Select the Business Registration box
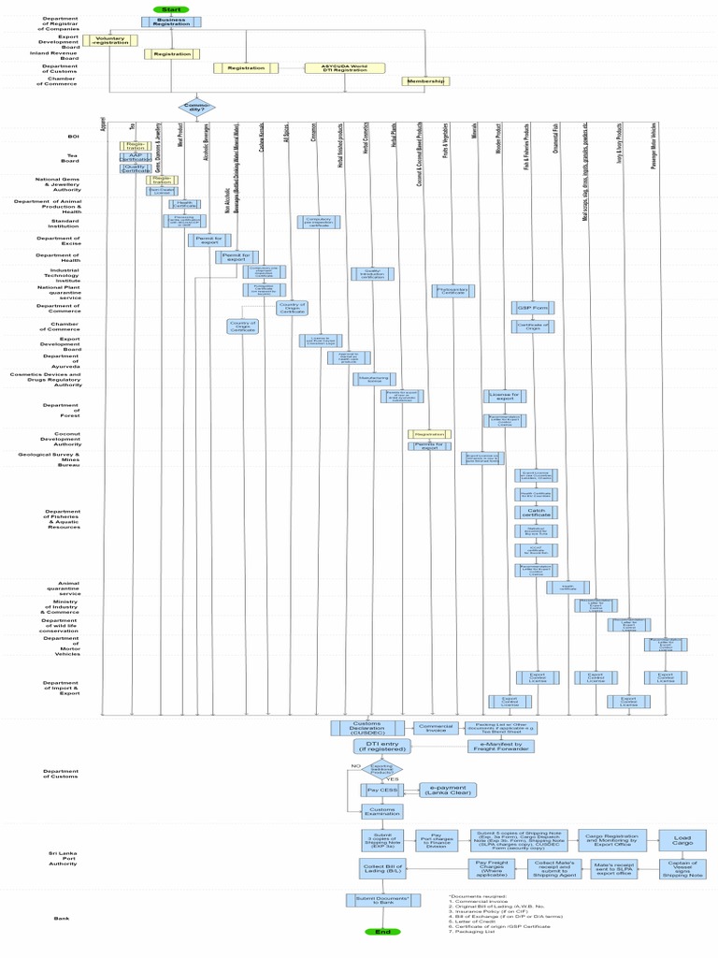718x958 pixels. tap(171, 22)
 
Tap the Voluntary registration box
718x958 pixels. tap(110, 40)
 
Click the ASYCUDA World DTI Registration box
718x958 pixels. tap(341, 67)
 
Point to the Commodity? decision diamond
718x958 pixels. tap(197, 107)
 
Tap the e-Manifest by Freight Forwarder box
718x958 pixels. tap(502, 746)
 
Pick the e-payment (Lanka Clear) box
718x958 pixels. tap(447, 790)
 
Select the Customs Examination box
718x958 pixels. tap(382, 810)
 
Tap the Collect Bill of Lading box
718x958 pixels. tap(382, 867)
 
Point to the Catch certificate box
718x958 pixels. tap(537, 512)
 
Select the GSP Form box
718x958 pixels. tap(533, 307)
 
